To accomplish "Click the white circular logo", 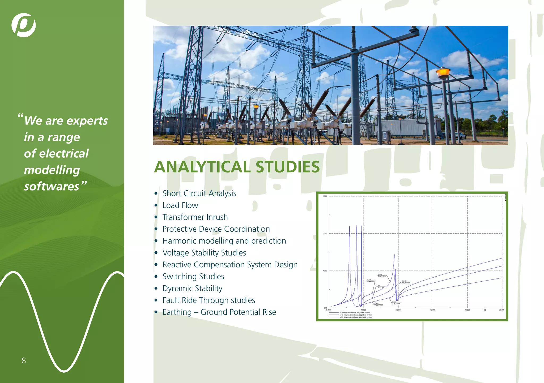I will coord(24,25).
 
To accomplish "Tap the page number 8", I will coord(24,360).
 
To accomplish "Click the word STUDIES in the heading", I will coord(288,167).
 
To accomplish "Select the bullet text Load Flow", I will coord(180,205).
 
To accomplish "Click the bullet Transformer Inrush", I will coord(195,217).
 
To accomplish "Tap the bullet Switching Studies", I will coord(193,276).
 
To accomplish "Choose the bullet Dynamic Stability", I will coord(192,288).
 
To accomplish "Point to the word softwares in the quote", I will coord(52,186).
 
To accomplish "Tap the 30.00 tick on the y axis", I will coord(325,196).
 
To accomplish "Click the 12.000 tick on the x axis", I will coord(432,310).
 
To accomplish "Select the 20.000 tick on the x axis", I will coord(501,310).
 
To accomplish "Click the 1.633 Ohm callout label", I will coord(378,305).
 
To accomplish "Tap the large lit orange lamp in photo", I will coord(443,72).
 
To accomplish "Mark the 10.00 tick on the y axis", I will coord(325,271).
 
